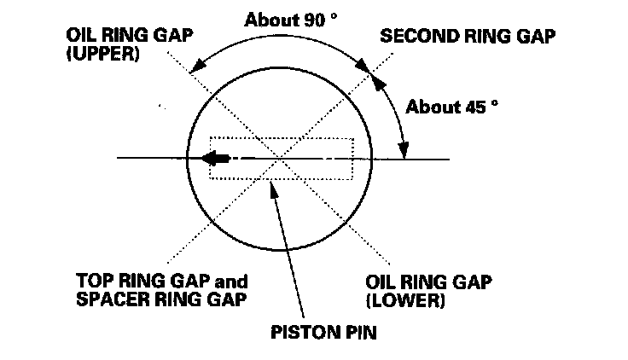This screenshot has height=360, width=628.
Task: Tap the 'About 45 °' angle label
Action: (x=452, y=107)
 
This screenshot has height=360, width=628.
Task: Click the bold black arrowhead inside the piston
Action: (x=217, y=158)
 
